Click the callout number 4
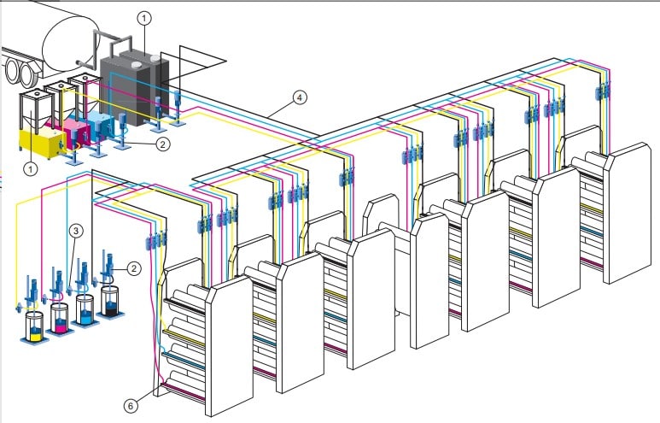(x=298, y=97)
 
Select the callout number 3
(x=75, y=230)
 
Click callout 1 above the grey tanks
(x=144, y=16)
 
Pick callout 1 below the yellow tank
(x=32, y=169)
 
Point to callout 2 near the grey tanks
(x=163, y=144)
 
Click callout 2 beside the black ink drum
(x=133, y=267)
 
